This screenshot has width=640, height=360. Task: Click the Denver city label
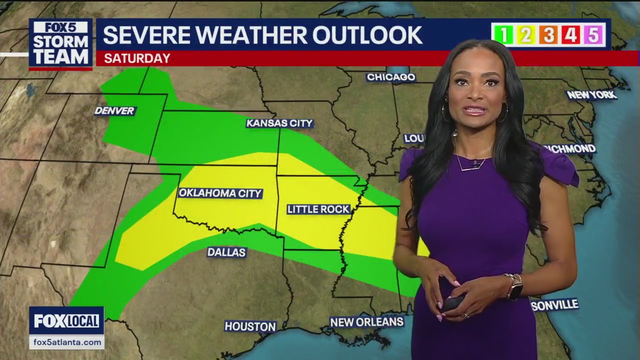(x=114, y=110)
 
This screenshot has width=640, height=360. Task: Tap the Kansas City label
(x=279, y=123)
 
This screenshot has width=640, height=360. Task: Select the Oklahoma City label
(x=220, y=193)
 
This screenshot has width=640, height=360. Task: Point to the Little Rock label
(x=318, y=209)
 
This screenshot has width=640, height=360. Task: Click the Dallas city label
(x=226, y=252)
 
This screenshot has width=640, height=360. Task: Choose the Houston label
(x=250, y=326)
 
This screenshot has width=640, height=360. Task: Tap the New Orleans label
(x=366, y=322)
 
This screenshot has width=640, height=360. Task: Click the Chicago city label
(x=391, y=77)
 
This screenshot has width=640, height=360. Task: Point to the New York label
(x=591, y=94)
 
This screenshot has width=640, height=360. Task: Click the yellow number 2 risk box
(x=526, y=34)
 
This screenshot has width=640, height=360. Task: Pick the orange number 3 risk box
(x=548, y=34)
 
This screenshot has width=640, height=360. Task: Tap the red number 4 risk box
(x=570, y=34)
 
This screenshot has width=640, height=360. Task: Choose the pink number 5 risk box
(x=593, y=34)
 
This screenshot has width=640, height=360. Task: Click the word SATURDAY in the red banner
(x=137, y=58)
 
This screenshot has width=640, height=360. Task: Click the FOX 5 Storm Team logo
(x=60, y=43)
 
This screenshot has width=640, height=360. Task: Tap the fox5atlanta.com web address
(x=66, y=342)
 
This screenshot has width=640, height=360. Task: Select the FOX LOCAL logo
(x=66, y=321)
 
